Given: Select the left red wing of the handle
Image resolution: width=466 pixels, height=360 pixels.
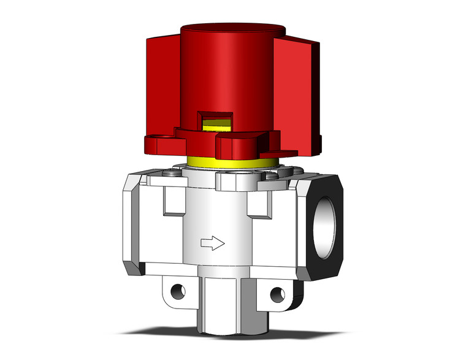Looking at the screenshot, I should pyautogui.click(x=162, y=86).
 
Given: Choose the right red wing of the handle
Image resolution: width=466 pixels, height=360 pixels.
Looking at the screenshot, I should pyautogui.click(x=300, y=92).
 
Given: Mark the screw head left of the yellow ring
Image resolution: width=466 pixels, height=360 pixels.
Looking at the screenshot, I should pyautogui.click(x=174, y=175).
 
